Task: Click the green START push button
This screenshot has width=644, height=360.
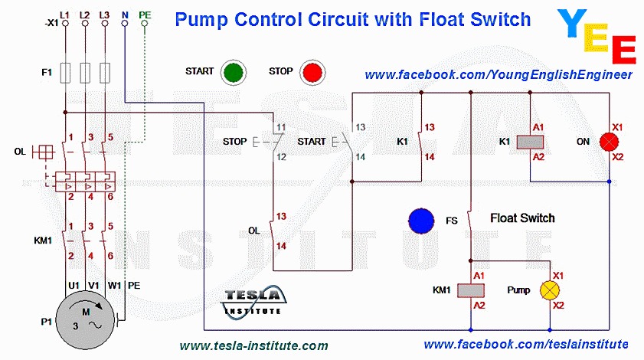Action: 234,72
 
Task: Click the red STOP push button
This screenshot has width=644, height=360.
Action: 312,72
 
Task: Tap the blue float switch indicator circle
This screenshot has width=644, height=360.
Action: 421,221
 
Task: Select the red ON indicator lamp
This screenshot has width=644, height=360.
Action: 609,142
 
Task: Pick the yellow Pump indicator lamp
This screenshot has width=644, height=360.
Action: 550,290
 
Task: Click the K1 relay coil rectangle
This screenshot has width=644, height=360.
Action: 530,142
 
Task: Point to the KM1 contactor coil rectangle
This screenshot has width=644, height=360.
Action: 471,290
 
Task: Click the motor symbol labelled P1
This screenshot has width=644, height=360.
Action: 86,320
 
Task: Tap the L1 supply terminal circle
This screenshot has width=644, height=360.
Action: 65,24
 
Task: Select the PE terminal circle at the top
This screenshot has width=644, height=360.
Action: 144,24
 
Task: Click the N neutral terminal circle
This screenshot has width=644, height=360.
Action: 125,24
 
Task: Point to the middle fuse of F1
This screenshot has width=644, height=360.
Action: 85,74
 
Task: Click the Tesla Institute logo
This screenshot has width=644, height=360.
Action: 253,301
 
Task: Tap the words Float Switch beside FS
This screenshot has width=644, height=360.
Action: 522,218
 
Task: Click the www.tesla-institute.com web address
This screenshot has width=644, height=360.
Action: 253,345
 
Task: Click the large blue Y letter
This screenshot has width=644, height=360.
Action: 573,23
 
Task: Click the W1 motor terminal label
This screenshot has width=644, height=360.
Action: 114,285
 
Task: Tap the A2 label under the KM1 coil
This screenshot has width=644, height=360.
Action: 479,306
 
